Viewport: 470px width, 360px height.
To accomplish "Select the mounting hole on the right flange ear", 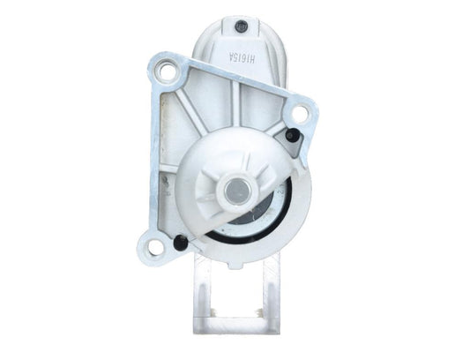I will [x=300, y=113].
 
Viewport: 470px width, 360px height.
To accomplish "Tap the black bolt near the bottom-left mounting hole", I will [x=182, y=243].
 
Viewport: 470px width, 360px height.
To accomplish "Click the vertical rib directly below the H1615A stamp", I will [x=238, y=101].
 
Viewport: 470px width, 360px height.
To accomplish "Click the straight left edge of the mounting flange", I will [x=151, y=159].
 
